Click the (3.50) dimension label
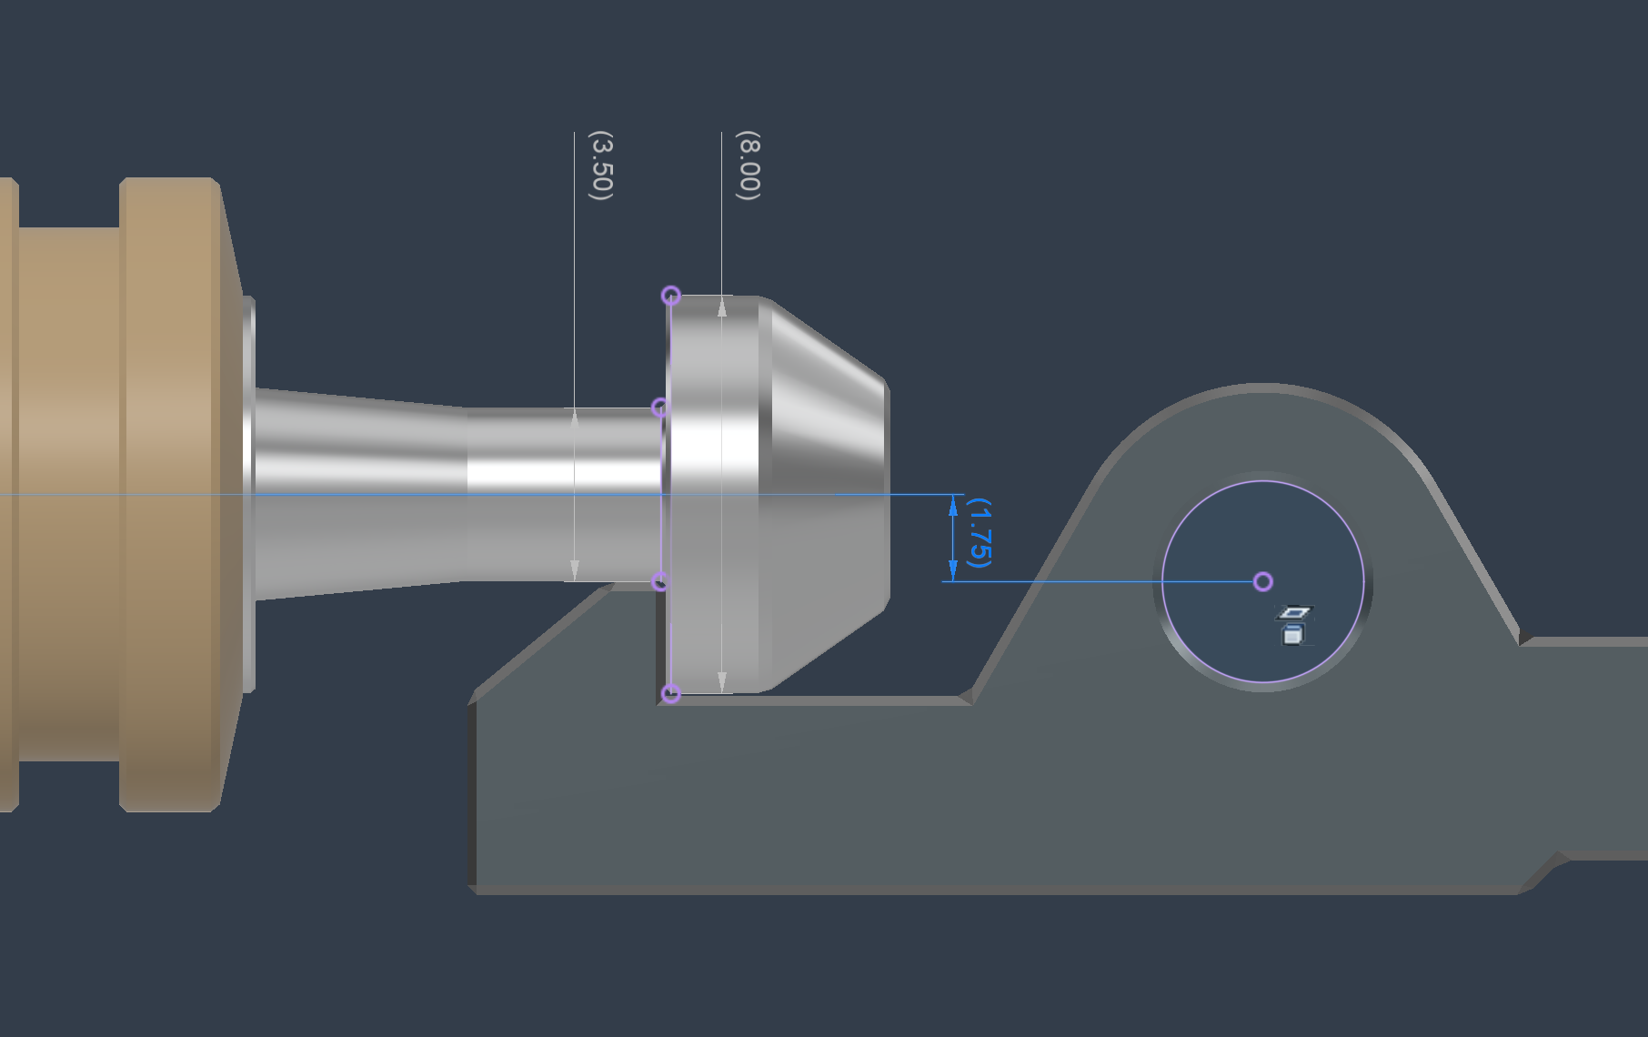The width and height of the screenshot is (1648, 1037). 601,166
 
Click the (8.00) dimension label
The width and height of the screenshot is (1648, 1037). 748,166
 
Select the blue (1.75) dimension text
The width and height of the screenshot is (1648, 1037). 979,532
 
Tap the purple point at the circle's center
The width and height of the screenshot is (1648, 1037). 1262,581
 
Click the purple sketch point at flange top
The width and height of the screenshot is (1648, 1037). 670,296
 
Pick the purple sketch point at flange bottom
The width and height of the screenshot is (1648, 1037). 670,694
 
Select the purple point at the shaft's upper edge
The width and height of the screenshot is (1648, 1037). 660,408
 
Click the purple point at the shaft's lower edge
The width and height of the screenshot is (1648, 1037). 660,581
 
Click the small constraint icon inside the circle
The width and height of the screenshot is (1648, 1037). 1293,626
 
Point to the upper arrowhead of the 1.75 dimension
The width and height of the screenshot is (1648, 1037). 953,506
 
